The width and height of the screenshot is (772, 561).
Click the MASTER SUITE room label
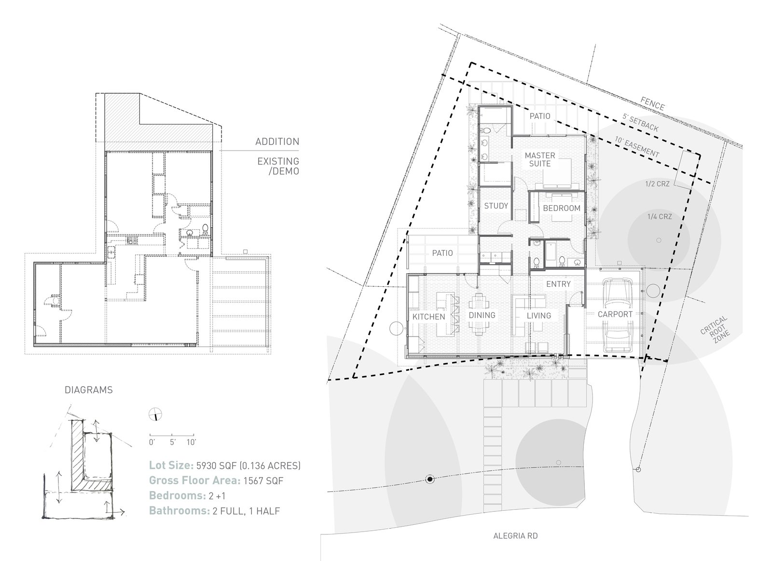tap(540, 159)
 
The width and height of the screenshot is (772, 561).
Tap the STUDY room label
tap(496, 206)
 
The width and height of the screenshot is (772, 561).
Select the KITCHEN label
tap(428, 317)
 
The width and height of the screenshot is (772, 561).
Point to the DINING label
tap(482, 315)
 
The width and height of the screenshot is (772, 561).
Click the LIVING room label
tap(538, 316)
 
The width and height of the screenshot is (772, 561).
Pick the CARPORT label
tap(615, 314)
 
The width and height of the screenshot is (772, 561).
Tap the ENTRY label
tap(558, 284)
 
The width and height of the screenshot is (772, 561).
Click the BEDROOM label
tap(561, 208)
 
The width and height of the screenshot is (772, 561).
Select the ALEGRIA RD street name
tap(515, 536)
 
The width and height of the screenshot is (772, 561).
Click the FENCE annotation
tap(652, 103)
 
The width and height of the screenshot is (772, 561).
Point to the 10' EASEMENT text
tap(636, 146)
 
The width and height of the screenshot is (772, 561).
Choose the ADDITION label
tap(277, 141)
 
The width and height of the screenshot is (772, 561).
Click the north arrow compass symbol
tap(155, 413)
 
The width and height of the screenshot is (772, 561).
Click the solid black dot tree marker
tap(429, 479)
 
